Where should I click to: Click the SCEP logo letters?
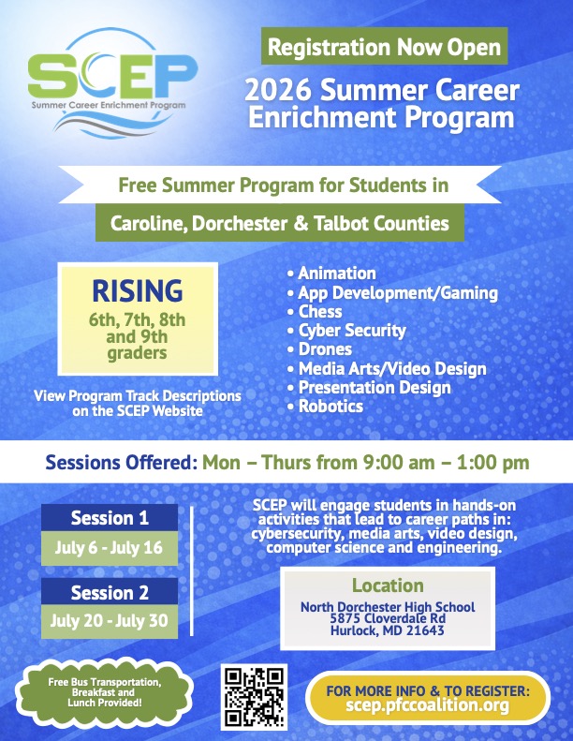point(112,75)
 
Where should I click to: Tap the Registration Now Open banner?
point(384,46)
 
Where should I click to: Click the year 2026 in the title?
point(278,90)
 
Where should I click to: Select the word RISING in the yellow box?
point(137,290)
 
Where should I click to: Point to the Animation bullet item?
point(331,274)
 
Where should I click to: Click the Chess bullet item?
point(315,311)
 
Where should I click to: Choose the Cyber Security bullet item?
point(346,331)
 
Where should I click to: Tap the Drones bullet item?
point(320,349)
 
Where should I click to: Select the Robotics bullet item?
point(326,407)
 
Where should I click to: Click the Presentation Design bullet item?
point(369,388)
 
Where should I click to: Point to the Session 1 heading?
point(110,518)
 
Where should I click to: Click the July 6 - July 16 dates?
point(110,548)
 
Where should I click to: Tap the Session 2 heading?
point(110,592)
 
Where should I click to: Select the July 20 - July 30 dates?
point(110,621)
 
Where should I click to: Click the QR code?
point(254,697)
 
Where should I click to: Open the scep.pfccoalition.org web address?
point(428,705)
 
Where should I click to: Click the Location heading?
point(388,585)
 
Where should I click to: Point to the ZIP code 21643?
point(425,630)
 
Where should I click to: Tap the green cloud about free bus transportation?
point(105,692)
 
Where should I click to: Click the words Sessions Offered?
point(122,462)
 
